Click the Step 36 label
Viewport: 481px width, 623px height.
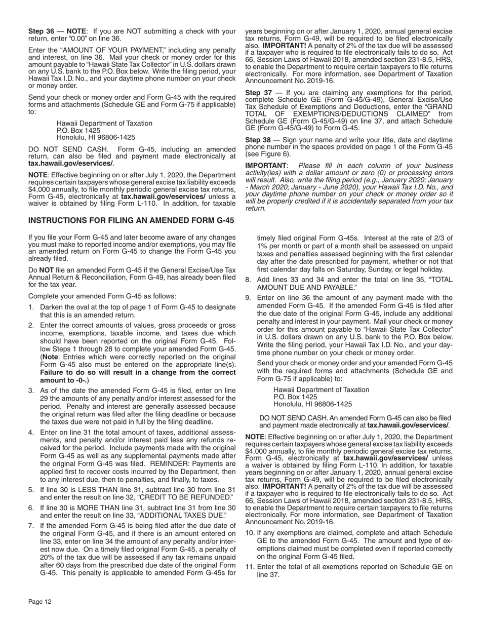tap(41, 31)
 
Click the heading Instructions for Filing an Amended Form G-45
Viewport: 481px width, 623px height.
tap(131, 221)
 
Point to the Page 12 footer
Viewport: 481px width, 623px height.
tap(40, 602)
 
